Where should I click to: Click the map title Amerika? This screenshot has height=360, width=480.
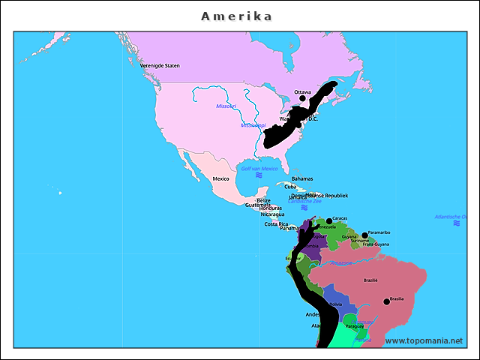click(x=236, y=16)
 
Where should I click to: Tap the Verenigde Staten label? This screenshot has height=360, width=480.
click(x=160, y=65)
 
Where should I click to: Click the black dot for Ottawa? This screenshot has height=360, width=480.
click(x=302, y=98)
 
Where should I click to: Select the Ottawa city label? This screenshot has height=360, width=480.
click(x=302, y=91)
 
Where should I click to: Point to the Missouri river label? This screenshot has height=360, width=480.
click(x=226, y=106)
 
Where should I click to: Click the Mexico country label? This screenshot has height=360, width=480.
click(x=220, y=178)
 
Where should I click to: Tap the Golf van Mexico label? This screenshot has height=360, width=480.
click(x=259, y=169)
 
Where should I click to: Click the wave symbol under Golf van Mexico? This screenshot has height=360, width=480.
click(x=259, y=175)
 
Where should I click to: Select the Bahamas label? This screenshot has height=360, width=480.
click(x=302, y=178)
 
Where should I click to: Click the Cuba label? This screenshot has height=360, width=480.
click(x=290, y=187)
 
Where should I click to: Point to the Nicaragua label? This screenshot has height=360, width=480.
click(x=273, y=214)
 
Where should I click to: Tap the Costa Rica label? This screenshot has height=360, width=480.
click(x=276, y=223)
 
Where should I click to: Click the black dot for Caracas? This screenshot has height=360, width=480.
click(x=329, y=221)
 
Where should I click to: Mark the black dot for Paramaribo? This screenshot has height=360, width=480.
click(x=365, y=235)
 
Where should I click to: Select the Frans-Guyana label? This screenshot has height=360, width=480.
click(x=376, y=244)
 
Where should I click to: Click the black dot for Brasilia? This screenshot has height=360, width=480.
click(x=386, y=301)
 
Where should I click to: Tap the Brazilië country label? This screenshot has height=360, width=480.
click(x=370, y=280)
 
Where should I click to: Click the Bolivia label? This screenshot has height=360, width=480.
click(x=335, y=304)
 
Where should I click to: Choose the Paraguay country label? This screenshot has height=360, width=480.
click(x=354, y=326)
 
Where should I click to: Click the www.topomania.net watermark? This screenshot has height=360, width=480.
click(x=424, y=340)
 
